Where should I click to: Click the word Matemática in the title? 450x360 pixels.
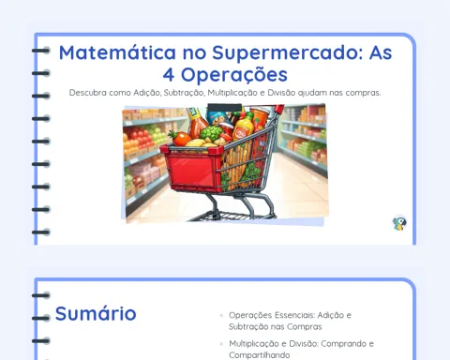(117, 52)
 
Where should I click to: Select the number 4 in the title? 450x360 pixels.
(169, 75)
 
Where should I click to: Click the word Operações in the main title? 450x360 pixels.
(234, 76)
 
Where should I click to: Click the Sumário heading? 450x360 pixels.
(96, 313)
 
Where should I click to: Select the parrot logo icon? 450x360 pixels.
(399, 223)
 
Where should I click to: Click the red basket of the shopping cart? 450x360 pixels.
(192, 171)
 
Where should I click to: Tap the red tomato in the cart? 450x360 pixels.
(181, 139)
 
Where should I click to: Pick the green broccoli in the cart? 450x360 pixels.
(212, 133)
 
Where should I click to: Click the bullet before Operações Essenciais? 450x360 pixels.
(221, 315)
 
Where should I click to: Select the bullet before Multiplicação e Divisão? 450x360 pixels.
(221, 344)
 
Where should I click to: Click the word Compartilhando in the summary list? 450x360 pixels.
(260, 355)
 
